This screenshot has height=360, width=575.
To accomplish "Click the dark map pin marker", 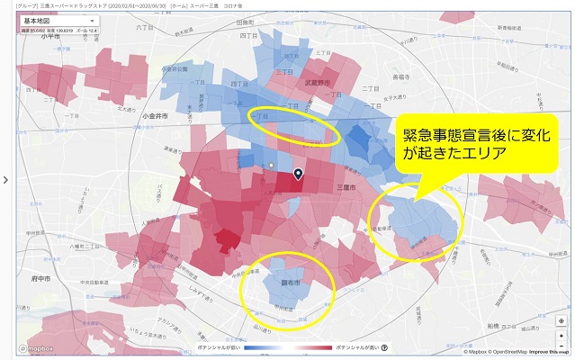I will tap(298, 175).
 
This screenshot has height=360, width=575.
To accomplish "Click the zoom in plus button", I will tap(561, 334).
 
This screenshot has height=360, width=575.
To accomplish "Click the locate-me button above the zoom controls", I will tap(561, 319).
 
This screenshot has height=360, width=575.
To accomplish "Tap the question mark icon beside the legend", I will tap(384, 347).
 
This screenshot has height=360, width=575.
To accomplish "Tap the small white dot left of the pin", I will tap(271, 166).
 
